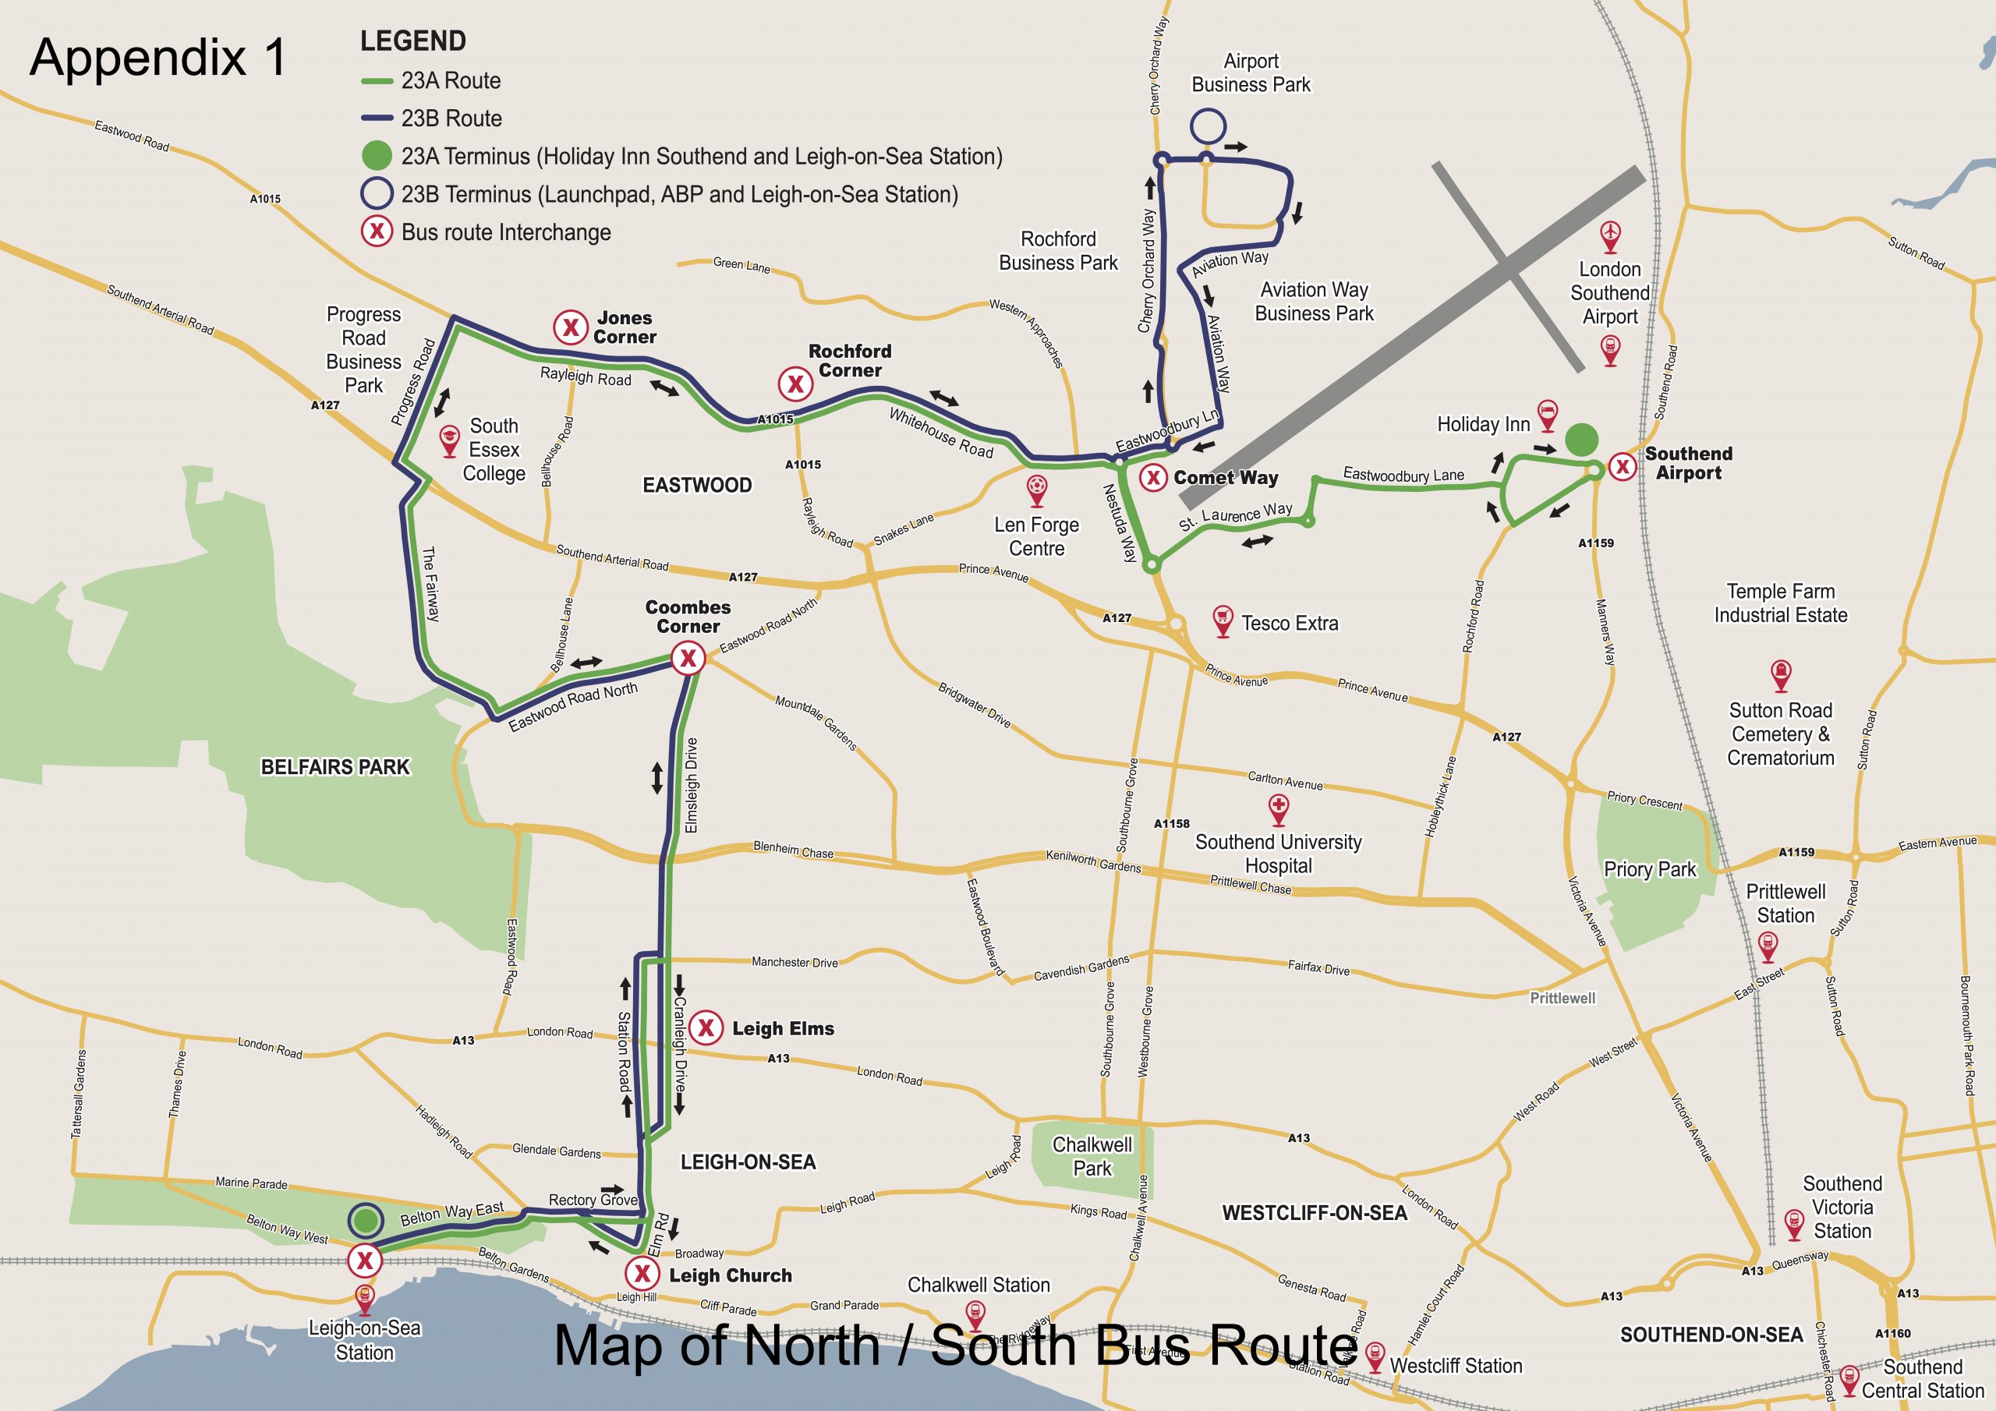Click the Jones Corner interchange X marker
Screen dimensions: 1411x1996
[x=570, y=327]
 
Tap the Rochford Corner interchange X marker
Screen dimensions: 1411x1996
[x=795, y=384]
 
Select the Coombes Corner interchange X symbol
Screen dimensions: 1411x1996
[x=688, y=658]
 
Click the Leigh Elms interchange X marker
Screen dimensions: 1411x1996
[x=706, y=1028]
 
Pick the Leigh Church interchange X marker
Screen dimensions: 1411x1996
[x=642, y=1275]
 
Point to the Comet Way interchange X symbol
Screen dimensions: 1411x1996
[x=1152, y=477]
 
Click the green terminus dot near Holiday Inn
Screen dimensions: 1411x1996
[x=1581, y=439]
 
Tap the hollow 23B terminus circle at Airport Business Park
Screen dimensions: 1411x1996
[x=1208, y=126]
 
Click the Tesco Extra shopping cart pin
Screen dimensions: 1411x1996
[x=1223, y=621]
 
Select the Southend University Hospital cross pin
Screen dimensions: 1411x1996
[x=1278, y=808]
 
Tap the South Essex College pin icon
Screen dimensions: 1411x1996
[x=448, y=440]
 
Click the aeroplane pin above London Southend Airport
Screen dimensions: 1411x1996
[x=1611, y=235]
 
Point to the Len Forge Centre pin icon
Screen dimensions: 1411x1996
[x=1036, y=490]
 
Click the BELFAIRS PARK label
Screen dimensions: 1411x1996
[x=334, y=767]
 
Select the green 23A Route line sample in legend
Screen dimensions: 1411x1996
[x=377, y=81]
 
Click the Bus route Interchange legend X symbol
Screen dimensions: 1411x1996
[x=377, y=232]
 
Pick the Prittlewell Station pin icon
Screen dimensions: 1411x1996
[x=1768, y=946]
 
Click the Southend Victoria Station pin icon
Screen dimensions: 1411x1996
[x=1793, y=1223]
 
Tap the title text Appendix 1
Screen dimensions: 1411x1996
[x=158, y=58]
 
